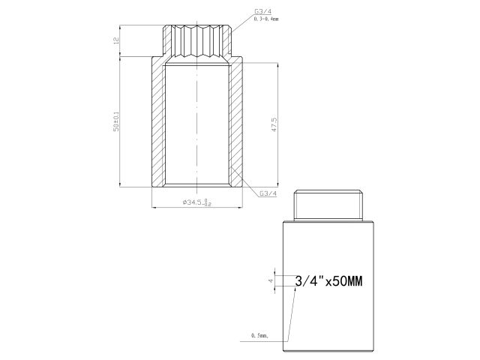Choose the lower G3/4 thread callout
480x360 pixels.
[268, 193]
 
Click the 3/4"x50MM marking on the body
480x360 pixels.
[329, 282]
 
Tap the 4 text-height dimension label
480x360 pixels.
[271, 281]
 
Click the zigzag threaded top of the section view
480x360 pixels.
[198, 41]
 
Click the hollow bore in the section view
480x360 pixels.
[198, 124]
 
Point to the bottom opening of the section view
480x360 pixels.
[198, 184]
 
